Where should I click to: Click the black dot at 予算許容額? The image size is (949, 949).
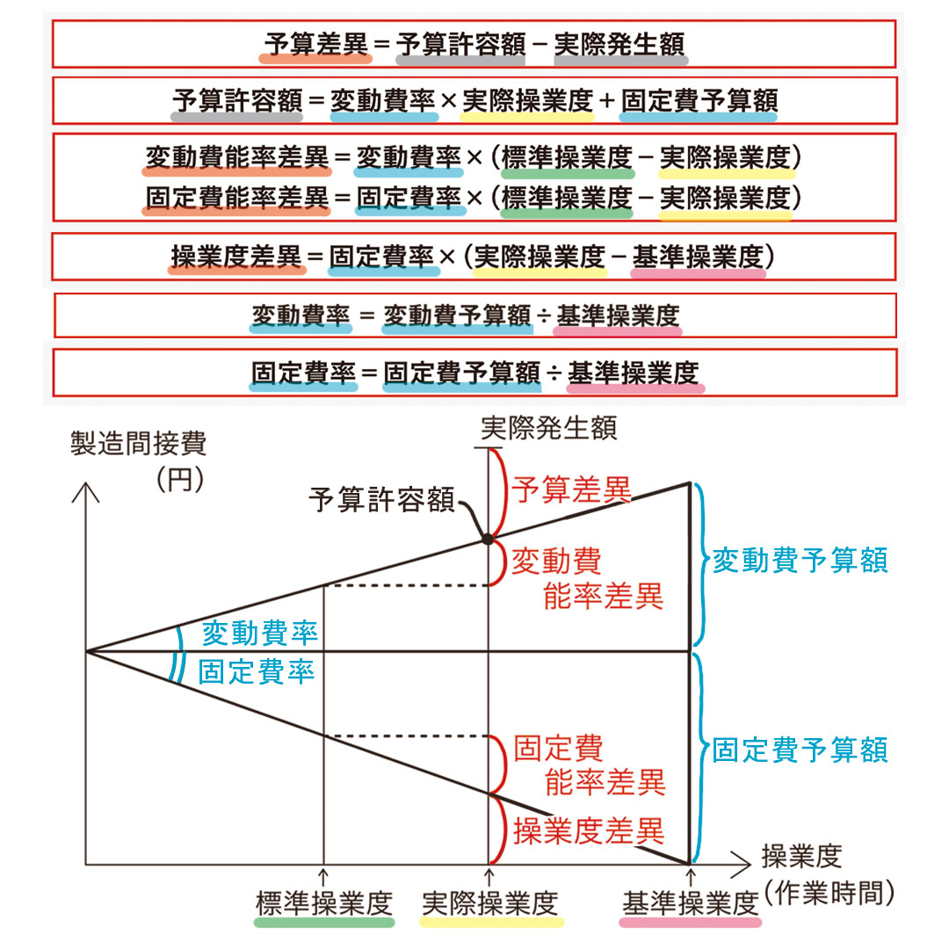[488, 539]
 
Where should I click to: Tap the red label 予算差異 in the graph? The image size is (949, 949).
[571, 489]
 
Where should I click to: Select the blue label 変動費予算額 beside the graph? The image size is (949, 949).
[800, 561]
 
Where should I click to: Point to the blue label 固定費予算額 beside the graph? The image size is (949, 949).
[800, 750]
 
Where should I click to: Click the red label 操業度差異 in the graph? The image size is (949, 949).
[589, 830]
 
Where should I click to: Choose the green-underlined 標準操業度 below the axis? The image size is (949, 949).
[324, 903]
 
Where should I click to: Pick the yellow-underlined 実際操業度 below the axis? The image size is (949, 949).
[490, 903]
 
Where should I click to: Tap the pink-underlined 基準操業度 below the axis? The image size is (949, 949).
[691, 903]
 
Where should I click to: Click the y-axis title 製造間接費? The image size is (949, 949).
[139, 444]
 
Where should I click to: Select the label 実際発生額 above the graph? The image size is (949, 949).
[549, 428]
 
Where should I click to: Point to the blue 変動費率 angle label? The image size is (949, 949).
[260, 633]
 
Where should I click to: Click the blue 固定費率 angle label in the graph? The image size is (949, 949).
[257, 672]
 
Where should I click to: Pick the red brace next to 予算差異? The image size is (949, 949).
[499, 493]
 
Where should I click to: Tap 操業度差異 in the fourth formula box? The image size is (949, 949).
[236, 257]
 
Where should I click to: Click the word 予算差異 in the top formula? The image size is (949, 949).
[316, 44]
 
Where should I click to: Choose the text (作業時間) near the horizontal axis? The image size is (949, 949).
[829, 892]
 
